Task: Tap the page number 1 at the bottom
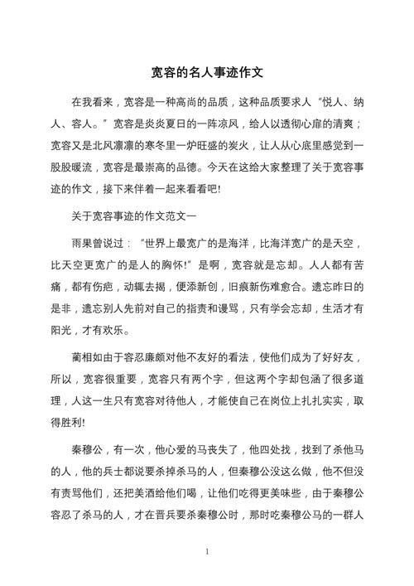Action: [x=207, y=551]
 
